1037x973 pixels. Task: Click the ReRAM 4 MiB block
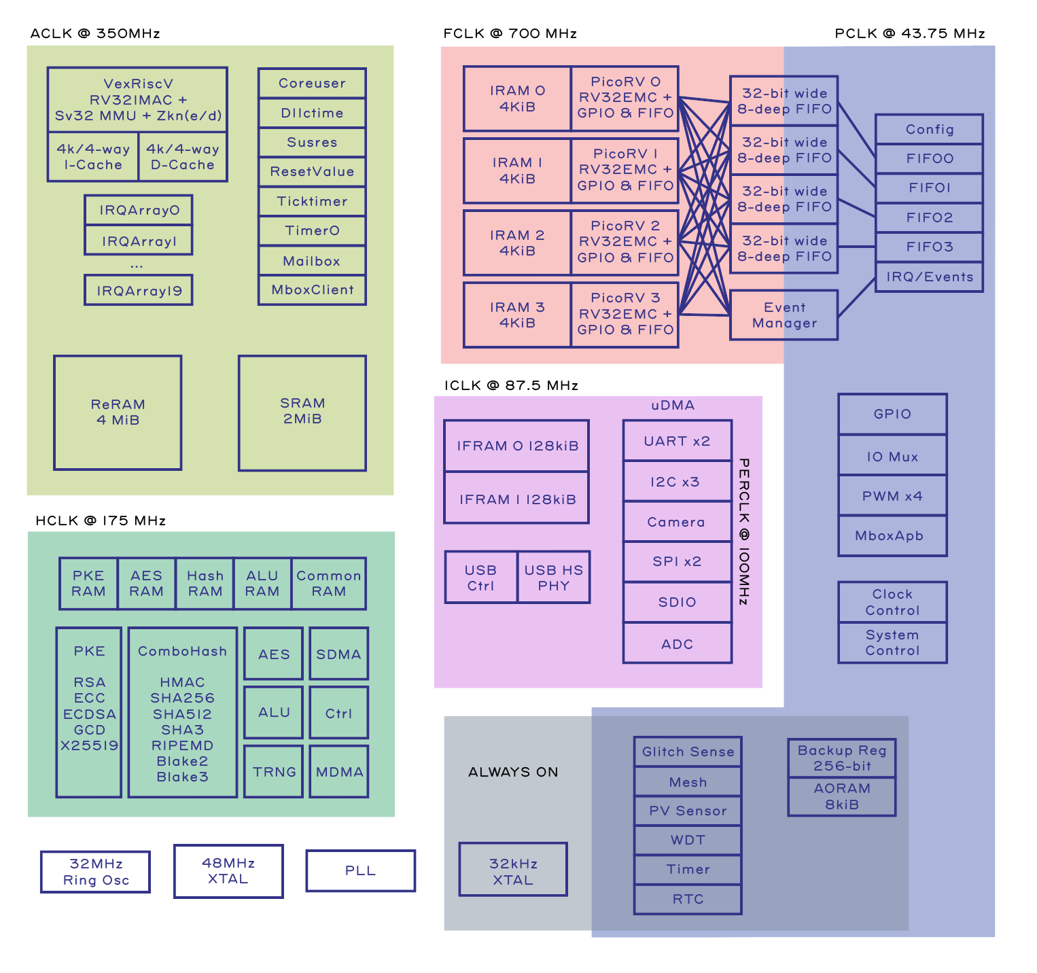[118, 412]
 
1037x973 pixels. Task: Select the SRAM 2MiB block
[302, 412]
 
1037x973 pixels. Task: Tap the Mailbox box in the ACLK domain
[312, 261]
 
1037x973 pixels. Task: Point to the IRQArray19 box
[139, 291]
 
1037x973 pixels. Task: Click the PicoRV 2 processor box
[625, 242]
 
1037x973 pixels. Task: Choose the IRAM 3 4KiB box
[517, 315]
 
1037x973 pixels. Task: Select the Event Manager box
[784, 315]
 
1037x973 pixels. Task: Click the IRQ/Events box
[929, 277]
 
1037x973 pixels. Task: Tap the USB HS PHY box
[553, 578]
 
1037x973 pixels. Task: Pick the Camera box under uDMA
[677, 522]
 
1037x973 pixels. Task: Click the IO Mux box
[892, 457]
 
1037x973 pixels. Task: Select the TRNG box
[274, 772]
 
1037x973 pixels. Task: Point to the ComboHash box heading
[182, 651]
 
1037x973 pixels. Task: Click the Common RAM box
[329, 584]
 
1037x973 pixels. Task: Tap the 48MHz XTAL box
[228, 871]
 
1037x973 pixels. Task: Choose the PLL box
[360, 870]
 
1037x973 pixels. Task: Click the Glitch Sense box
[688, 751]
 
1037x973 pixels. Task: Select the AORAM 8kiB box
[842, 796]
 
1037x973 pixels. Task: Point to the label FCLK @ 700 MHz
[510, 34]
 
